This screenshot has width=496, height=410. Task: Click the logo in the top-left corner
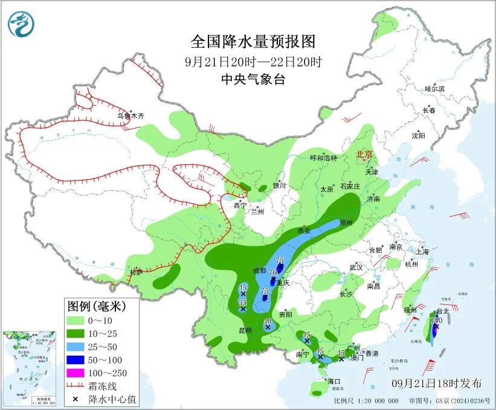tap(21, 24)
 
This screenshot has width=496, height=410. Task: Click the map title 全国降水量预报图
tap(253, 42)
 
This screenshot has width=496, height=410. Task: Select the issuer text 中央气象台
tap(253, 80)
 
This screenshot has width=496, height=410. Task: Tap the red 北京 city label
tap(366, 154)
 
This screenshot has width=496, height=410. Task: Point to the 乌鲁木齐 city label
tap(131, 116)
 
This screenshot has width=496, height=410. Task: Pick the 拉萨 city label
tap(136, 274)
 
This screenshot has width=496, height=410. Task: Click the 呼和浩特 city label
tap(323, 158)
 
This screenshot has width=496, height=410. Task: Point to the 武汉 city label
tap(356, 267)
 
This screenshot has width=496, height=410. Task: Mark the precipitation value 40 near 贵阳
tap(268, 321)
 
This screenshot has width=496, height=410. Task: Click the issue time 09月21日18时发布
tap(436, 383)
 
